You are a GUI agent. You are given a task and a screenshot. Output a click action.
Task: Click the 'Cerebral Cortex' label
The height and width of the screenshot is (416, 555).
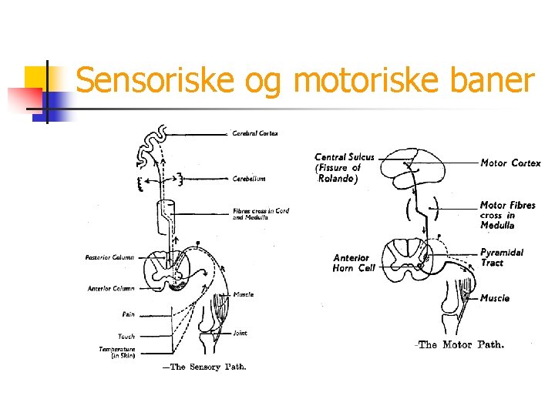click(x=255, y=133)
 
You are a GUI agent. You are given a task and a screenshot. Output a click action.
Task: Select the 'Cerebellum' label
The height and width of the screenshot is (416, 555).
click(x=249, y=178)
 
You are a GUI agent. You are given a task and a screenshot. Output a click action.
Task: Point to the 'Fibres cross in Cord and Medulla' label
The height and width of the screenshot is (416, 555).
click(x=261, y=214)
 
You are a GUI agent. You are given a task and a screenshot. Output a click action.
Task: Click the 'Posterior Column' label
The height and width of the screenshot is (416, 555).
click(x=109, y=257)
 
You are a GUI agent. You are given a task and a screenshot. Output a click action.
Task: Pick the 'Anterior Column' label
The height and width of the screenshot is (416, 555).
click(x=111, y=288)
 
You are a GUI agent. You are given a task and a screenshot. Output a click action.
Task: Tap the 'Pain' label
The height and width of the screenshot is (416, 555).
click(x=128, y=314)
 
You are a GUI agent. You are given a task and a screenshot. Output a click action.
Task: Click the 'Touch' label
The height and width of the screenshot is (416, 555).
click(x=126, y=336)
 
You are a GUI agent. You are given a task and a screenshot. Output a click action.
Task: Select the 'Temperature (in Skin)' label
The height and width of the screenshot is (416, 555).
click(x=117, y=352)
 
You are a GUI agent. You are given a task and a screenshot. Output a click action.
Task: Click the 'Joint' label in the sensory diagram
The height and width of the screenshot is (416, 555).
click(x=240, y=333)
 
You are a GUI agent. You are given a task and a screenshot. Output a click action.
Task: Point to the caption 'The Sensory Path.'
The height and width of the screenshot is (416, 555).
click(x=204, y=367)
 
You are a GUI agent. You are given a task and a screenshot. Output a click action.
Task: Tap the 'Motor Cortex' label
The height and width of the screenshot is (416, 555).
click(x=510, y=163)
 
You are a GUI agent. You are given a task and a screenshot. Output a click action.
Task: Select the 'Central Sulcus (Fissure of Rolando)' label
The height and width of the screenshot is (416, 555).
click(x=344, y=167)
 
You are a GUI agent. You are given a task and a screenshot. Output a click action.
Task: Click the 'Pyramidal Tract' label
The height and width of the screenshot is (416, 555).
click(x=502, y=257)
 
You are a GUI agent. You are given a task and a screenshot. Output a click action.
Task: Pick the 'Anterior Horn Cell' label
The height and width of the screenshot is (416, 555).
click(x=354, y=263)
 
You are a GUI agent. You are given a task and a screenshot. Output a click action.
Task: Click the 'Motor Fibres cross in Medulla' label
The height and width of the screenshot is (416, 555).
click(x=507, y=215)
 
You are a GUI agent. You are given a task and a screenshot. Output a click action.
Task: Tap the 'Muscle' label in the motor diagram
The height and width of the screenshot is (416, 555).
click(x=495, y=298)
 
